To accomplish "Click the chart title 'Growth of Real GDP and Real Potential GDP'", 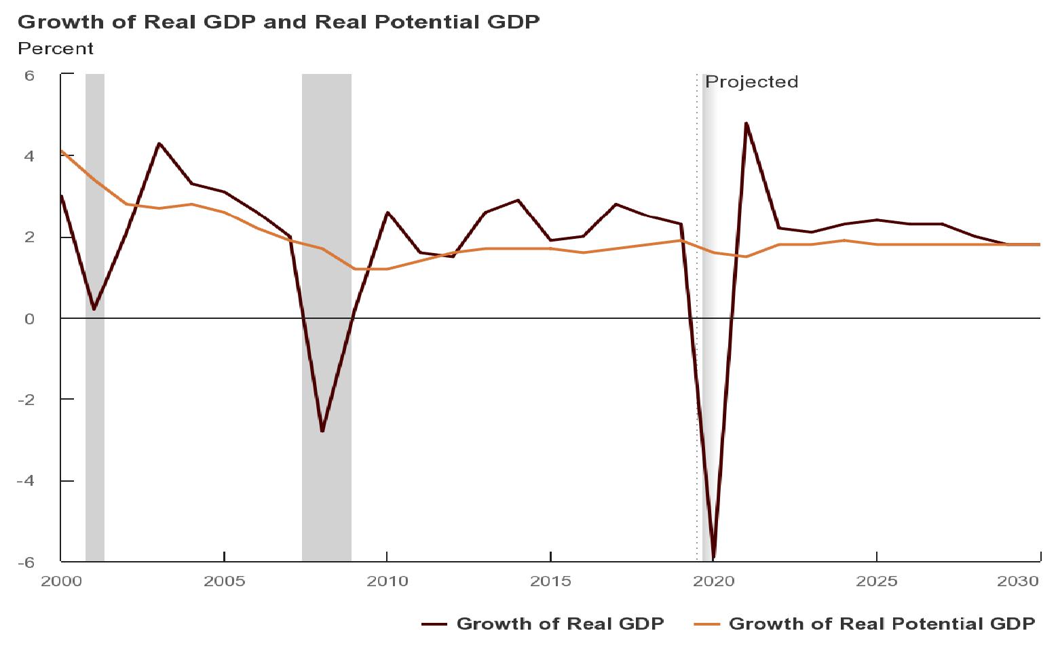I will [278, 22].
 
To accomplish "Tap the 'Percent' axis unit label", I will [56, 49].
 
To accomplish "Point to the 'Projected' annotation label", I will [751, 82].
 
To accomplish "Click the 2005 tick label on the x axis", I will [224, 581].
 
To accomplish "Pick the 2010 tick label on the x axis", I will [387, 581].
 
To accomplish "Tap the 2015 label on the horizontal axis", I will [550, 581].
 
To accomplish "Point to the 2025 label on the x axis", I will [877, 581].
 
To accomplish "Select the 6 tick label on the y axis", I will [29, 75].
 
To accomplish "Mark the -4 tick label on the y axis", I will [26, 480].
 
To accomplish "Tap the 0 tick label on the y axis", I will [29, 318].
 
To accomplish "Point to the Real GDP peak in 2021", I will [746, 123].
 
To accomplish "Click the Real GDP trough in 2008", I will [322, 431].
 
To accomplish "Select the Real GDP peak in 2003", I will [159, 143].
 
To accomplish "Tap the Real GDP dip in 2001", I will [94, 309].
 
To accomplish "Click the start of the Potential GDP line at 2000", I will [62, 151].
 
